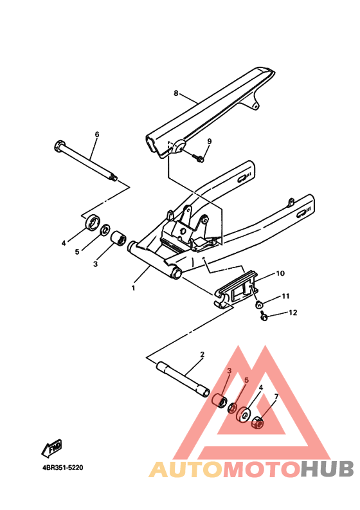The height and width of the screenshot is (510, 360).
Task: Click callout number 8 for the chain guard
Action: click(x=176, y=93)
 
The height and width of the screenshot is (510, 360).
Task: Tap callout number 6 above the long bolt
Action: click(x=97, y=134)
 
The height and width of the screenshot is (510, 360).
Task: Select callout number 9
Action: click(x=210, y=141)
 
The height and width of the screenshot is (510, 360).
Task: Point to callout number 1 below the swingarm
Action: click(x=133, y=288)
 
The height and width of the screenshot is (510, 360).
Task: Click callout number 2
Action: click(x=202, y=354)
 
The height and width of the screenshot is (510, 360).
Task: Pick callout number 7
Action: click(x=276, y=396)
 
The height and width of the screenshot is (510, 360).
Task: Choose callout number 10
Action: click(x=280, y=273)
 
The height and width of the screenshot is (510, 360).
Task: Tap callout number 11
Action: click(x=285, y=296)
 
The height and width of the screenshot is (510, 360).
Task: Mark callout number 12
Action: click(x=292, y=313)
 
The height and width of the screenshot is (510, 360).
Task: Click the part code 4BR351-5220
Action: click(x=63, y=468)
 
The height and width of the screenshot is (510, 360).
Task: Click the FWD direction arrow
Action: click(x=51, y=448)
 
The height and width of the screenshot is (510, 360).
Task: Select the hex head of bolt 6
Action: click(x=59, y=146)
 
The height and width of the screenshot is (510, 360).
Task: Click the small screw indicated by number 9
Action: click(x=198, y=158)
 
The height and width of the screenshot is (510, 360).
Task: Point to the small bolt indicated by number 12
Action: click(x=264, y=316)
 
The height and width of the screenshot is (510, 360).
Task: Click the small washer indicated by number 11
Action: click(x=259, y=305)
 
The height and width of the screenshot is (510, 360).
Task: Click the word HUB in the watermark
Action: click(x=327, y=469)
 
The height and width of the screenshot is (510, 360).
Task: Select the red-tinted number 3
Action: click(x=229, y=371)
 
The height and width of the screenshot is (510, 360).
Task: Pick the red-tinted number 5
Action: click(x=246, y=379)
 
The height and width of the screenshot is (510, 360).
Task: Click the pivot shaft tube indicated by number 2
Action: click(x=183, y=379)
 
